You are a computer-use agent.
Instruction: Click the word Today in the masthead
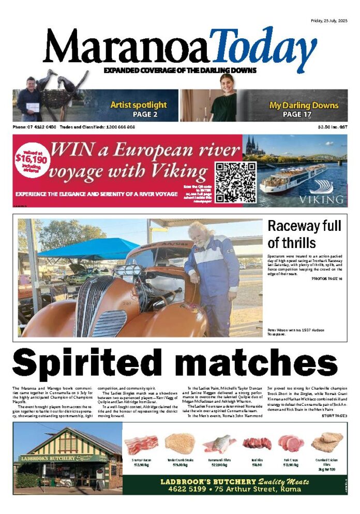(x=264, y=46)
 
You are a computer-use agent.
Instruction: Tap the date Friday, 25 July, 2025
(x=329, y=21)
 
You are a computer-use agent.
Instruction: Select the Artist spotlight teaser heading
(x=138, y=105)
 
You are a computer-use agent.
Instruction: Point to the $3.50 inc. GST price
(x=333, y=127)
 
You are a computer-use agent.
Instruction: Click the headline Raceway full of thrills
(x=304, y=234)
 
